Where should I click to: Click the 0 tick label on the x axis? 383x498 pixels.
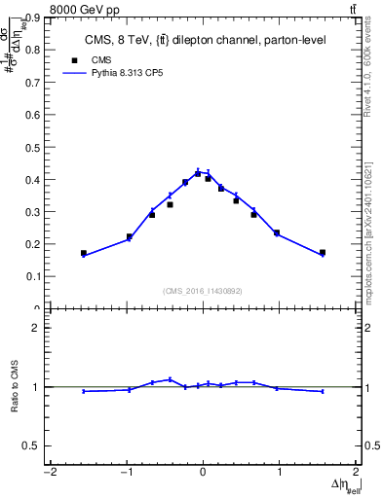tap(203, 474)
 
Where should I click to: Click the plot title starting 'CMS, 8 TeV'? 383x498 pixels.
tap(200, 39)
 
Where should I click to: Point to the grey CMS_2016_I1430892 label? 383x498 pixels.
tap(203, 291)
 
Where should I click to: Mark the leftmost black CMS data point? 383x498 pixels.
tap(84, 253)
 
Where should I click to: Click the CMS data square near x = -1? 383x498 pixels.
tap(130, 236)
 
